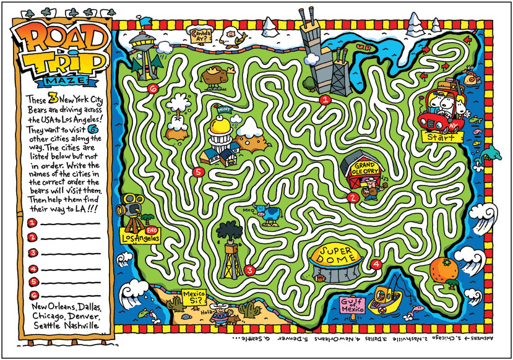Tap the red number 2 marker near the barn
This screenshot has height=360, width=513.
353,199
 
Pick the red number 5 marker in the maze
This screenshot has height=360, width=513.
198,173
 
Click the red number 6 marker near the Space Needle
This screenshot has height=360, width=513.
153,89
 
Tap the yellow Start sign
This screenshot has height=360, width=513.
441,135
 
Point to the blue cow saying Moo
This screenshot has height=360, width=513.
270,213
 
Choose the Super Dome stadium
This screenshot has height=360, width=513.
335,262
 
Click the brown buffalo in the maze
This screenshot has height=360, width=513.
218,76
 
